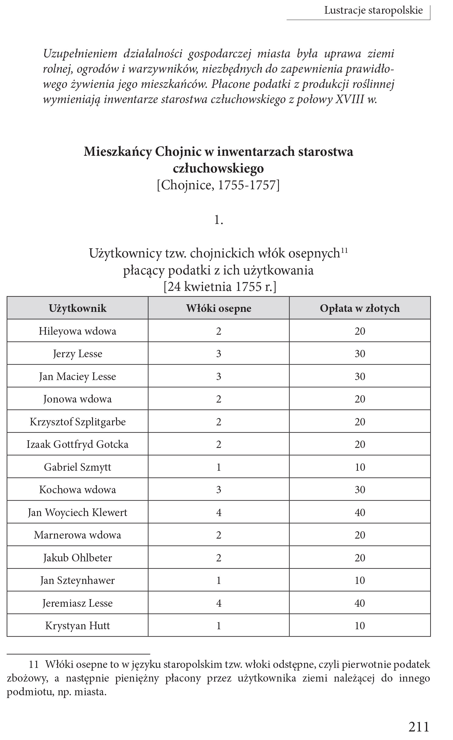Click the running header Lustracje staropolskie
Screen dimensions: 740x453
click(373, 10)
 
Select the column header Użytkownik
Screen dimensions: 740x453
click(77, 308)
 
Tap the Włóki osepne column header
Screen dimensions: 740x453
click(219, 308)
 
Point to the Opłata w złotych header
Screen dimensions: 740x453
click(360, 308)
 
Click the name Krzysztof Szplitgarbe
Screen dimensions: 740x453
click(77, 422)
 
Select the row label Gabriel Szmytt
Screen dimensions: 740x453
click(77, 467)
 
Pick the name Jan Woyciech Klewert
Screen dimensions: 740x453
click(77, 512)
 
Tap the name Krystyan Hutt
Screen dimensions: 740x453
click(77, 626)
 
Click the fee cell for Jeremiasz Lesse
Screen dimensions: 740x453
click(360, 603)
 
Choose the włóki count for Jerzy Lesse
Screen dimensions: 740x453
click(219, 354)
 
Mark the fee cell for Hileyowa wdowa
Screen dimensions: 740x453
click(360, 331)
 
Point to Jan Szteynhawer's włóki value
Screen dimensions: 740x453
click(219, 580)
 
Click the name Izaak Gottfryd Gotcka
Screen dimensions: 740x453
click(77, 444)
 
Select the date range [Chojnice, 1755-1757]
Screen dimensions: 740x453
click(218, 185)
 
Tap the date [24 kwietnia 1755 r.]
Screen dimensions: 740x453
click(220, 287)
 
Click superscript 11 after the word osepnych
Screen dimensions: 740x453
click(344, 250)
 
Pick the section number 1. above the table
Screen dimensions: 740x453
click(218, 220)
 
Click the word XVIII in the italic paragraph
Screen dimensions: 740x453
click(349, 100)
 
